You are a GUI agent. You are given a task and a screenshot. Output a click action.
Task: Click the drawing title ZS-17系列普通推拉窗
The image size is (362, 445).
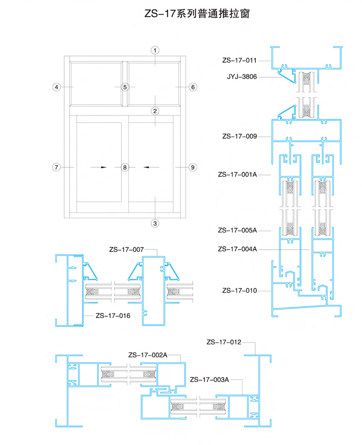197,13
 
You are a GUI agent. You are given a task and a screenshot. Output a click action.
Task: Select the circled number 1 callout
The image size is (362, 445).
155,51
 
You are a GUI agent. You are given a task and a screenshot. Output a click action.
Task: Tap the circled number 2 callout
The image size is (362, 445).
155,111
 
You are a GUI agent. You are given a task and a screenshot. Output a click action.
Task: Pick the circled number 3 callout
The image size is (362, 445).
155,223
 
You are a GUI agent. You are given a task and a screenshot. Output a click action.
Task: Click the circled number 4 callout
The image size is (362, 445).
57,87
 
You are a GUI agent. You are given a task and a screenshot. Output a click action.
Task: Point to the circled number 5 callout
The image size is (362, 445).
125,87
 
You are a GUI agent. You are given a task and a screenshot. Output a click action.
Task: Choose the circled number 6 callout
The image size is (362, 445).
193,87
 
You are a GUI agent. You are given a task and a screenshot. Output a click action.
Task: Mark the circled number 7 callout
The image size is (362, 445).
57,167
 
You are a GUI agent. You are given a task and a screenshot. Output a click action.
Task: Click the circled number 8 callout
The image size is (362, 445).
125,167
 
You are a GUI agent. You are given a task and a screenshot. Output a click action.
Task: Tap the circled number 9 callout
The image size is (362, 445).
193,167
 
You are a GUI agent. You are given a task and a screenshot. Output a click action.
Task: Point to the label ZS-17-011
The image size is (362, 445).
239,61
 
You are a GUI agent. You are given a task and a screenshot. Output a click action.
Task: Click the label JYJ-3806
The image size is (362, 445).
242,76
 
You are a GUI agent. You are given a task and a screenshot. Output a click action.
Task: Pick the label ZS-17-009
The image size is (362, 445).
239,137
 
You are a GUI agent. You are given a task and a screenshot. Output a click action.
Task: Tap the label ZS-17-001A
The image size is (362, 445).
238,175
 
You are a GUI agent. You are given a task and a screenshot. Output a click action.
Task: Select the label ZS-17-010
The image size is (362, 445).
239,291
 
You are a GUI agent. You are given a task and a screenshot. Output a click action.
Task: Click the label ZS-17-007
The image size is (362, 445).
126,250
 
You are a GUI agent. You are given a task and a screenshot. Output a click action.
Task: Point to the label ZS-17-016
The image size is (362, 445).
113,316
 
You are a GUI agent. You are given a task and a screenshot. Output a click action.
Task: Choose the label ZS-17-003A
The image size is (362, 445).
209,380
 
